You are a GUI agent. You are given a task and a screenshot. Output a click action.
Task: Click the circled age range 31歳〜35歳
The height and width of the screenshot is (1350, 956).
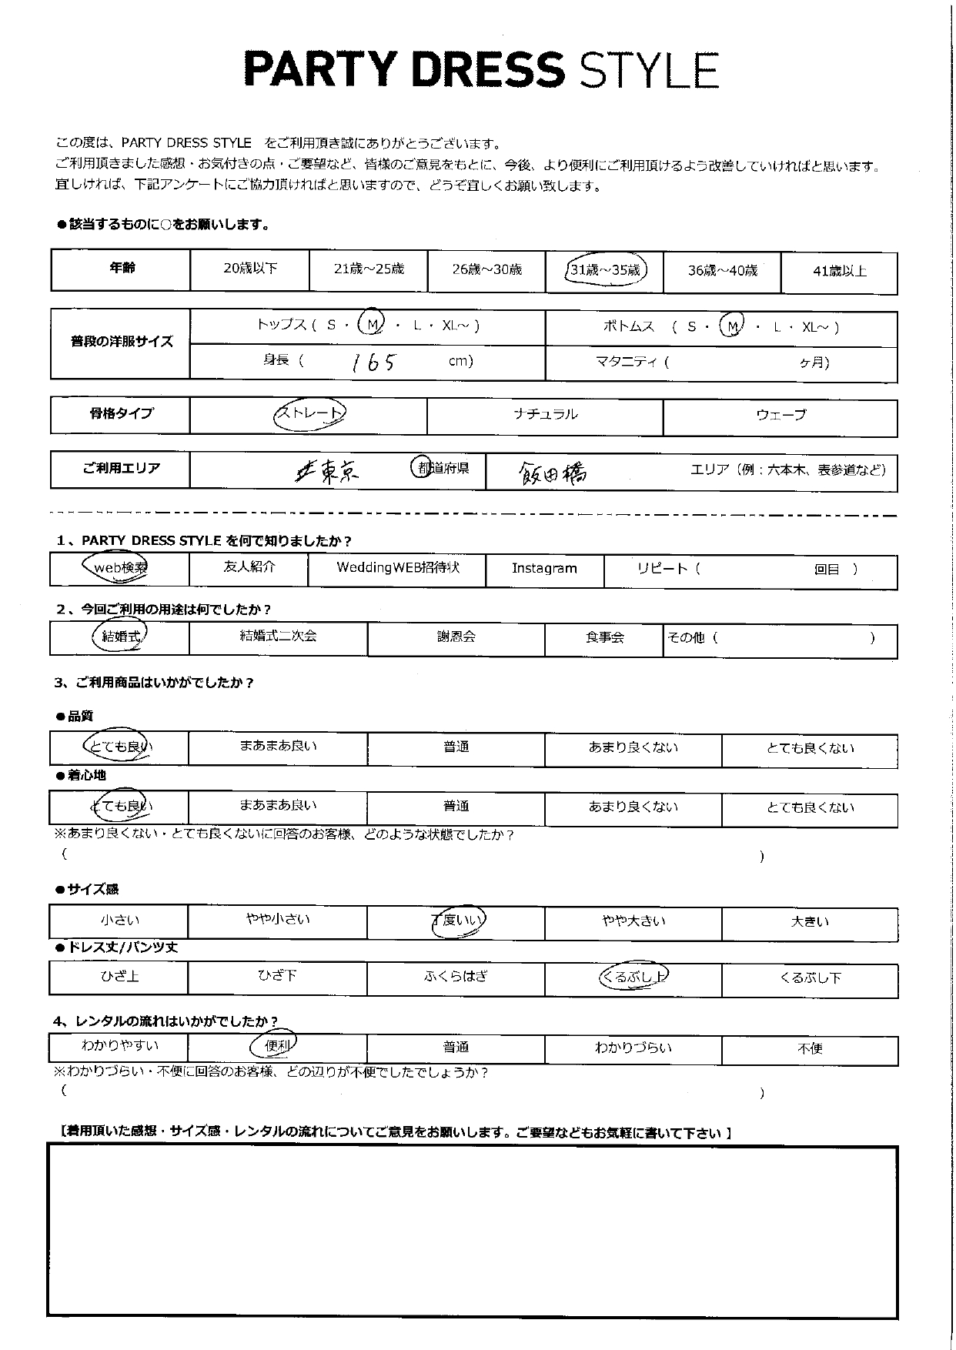pos(605,270)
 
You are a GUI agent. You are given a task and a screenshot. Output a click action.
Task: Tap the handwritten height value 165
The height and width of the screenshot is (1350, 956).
pos(373,362)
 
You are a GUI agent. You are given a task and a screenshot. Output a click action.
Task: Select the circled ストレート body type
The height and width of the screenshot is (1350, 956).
pos(309,414)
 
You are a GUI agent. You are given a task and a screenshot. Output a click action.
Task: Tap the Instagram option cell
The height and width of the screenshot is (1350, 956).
pos(544,569)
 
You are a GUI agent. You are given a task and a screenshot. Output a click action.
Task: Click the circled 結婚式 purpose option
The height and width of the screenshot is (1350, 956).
pos(121,637)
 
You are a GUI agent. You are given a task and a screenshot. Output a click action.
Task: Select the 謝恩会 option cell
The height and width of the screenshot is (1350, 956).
pos(456,637)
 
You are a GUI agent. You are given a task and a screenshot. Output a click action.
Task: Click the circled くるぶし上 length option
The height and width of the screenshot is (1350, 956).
pos(633,977)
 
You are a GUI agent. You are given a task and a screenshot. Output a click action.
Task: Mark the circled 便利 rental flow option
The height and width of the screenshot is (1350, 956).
pos(275,1046)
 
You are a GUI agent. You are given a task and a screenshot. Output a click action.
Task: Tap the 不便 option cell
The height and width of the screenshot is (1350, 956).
pos(810,1048)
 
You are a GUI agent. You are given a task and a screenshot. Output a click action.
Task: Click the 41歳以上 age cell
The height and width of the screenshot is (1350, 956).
pos(839,271)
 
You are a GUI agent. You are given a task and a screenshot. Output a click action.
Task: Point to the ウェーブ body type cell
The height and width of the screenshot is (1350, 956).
pos(781,416)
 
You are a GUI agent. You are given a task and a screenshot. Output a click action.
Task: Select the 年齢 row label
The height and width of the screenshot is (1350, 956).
pos(121,269)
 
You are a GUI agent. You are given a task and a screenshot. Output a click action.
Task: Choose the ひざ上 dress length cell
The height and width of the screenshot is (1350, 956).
pos(119,977)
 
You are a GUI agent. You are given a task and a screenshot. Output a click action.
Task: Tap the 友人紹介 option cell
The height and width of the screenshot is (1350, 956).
pos(248,567)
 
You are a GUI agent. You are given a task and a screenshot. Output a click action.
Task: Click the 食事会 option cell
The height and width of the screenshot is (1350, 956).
pos(604,638)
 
